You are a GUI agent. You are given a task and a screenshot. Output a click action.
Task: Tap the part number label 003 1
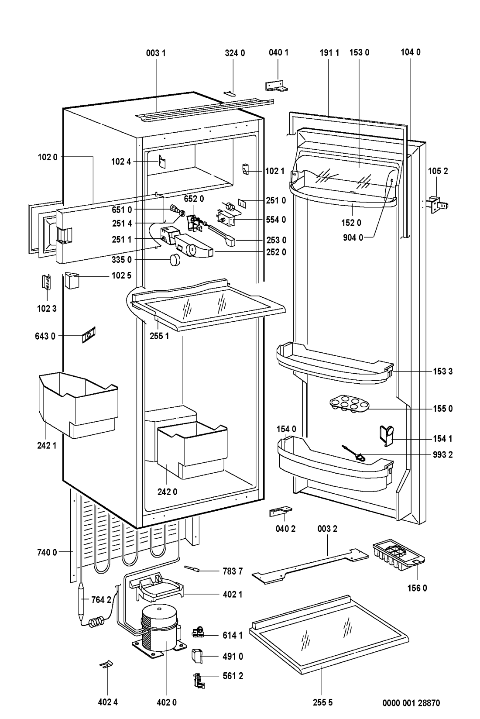coord(156,53)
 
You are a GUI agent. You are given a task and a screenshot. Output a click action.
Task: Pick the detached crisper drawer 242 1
coord(78,404)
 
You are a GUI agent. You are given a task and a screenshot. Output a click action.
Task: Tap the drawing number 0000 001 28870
coord(411,703)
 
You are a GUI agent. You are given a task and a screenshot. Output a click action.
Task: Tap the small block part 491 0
coord(197,655)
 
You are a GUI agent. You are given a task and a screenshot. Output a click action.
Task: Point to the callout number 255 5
coord(322,703)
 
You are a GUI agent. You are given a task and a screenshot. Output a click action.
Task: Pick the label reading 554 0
coord(276,220)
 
